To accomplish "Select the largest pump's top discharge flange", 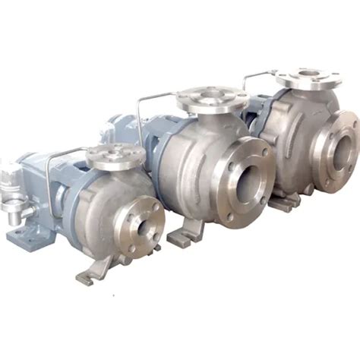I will (308, 78).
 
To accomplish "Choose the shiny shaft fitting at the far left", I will (9, 194).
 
